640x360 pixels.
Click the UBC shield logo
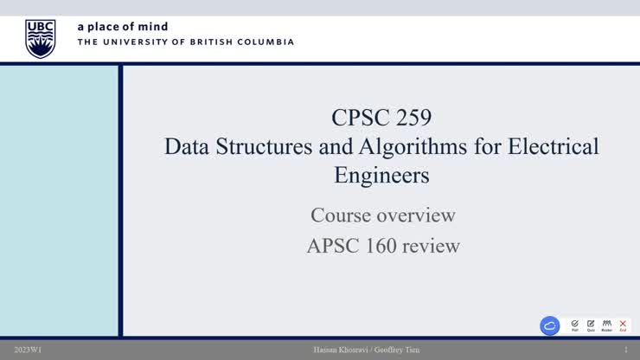[x=40, y=39]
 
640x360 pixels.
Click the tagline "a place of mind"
[x=123, y=27]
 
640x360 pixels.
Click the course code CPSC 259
[x=381, y=117]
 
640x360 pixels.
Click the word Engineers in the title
[x=381, y=175]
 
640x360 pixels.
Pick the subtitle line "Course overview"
[x=382, y=215]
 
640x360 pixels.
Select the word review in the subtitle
[x=432, y=246]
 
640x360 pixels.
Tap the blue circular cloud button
[x=550, y=325]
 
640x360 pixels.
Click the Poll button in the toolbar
[x=575, y=325]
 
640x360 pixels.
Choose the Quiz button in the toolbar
[x=591, y=325]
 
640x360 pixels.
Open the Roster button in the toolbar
[x=606, y=325]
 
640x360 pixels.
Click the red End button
[x=623, y=325]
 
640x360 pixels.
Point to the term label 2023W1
[x=28, y=350]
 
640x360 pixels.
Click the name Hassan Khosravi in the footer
[x=341, y=350]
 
